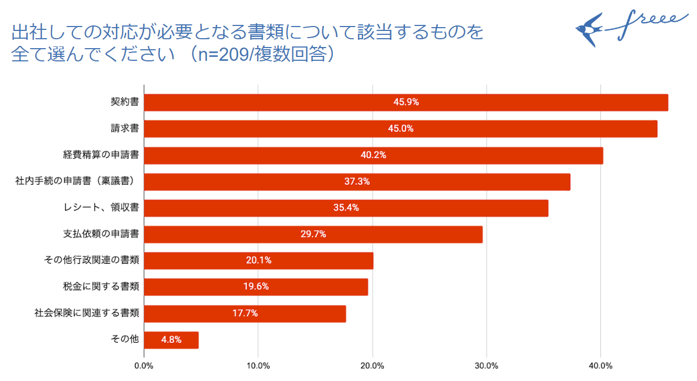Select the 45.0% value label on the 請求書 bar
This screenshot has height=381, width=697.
401,129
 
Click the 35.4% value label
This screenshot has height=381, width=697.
346,208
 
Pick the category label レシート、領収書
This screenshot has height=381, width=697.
101,208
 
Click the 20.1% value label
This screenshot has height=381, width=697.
259,260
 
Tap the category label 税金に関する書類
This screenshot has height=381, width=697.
101,286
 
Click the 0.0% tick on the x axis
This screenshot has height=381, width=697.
144,366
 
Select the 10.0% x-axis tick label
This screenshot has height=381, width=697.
258,366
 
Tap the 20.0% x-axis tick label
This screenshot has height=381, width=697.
372,366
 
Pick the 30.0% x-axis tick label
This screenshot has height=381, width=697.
486,366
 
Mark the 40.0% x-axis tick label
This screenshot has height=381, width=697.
601,366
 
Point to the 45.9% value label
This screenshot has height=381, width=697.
406,102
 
